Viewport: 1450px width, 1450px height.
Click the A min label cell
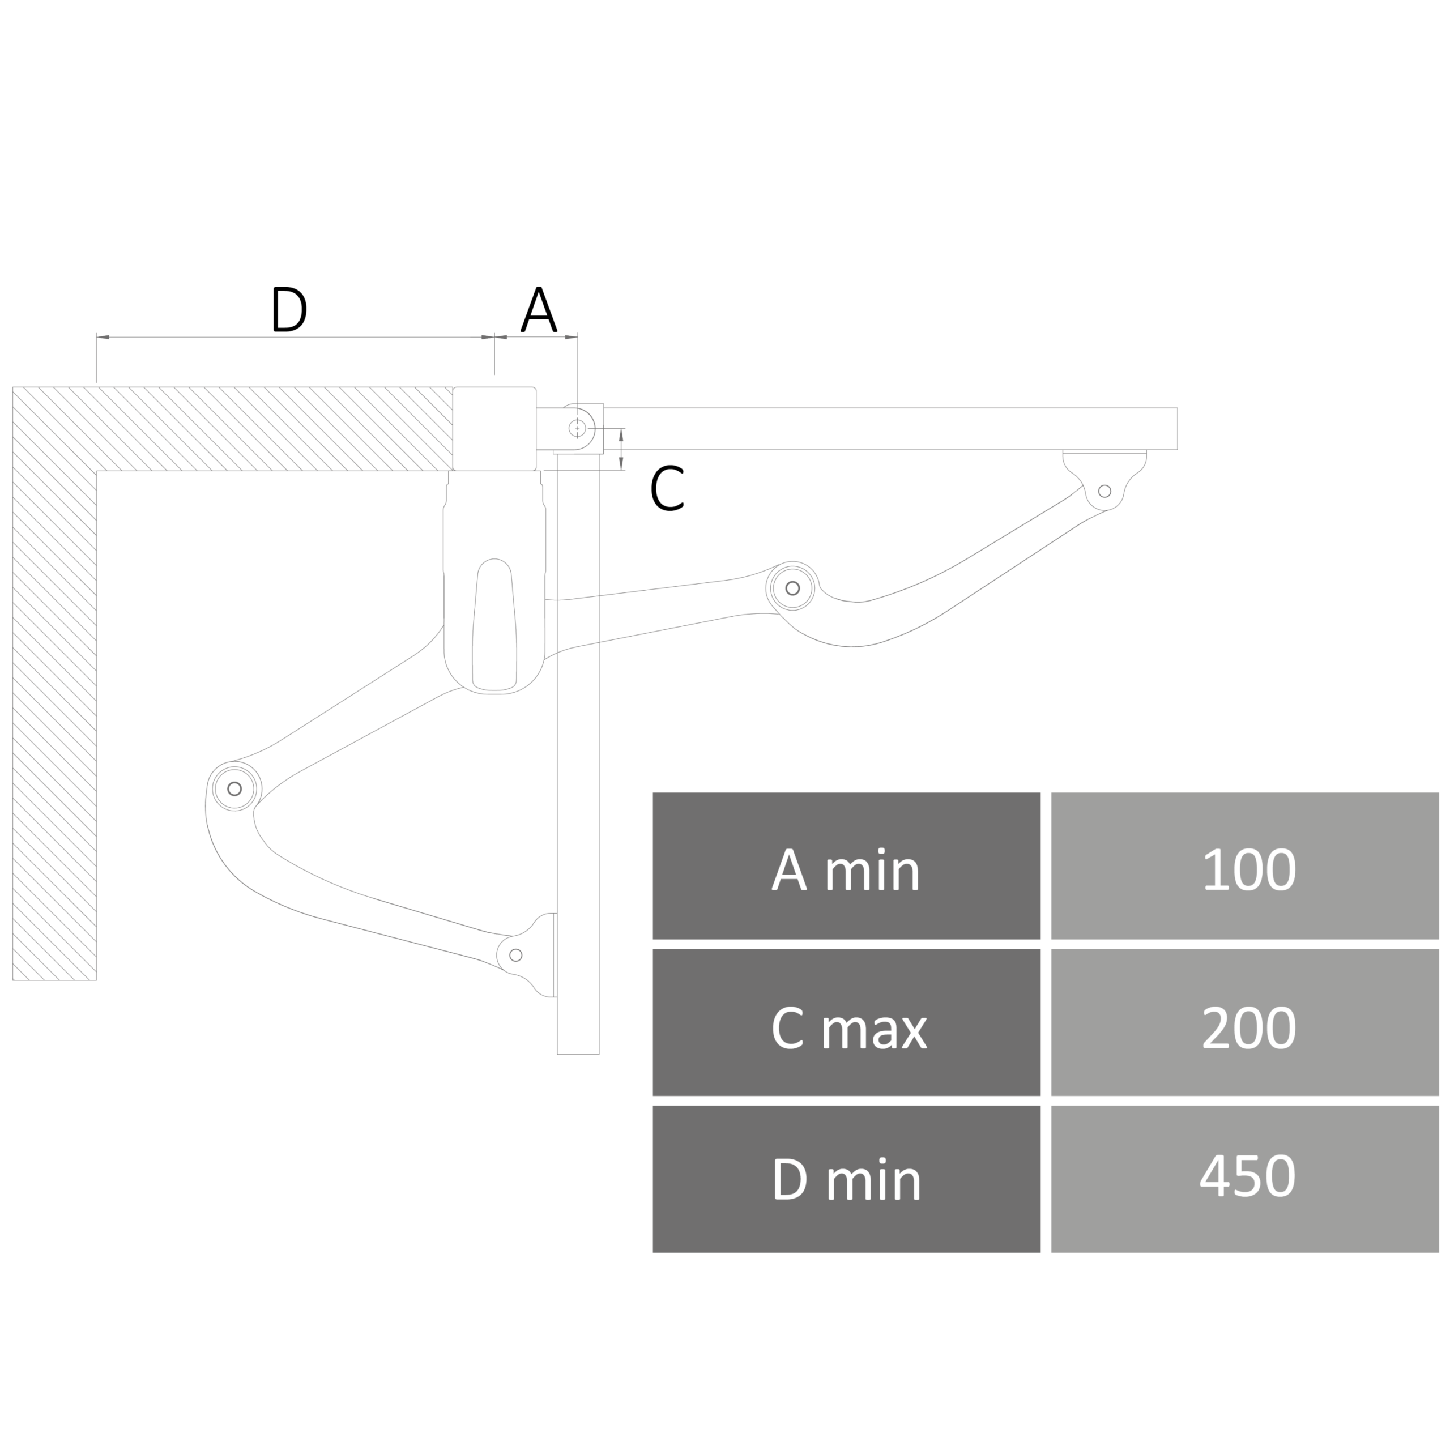point(846,865)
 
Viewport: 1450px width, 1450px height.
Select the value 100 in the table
point(1244,865)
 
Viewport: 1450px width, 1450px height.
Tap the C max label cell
point(846,1022)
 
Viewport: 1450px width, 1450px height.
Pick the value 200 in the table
point(1244,1022)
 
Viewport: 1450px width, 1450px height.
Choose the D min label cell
point(846,1179)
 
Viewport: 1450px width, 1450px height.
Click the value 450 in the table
point(1244,1179)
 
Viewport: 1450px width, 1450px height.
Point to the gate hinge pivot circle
point(577,428)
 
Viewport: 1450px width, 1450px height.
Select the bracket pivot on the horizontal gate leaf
point(1104,492)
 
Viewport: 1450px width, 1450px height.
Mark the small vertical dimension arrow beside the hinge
point(621,449)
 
